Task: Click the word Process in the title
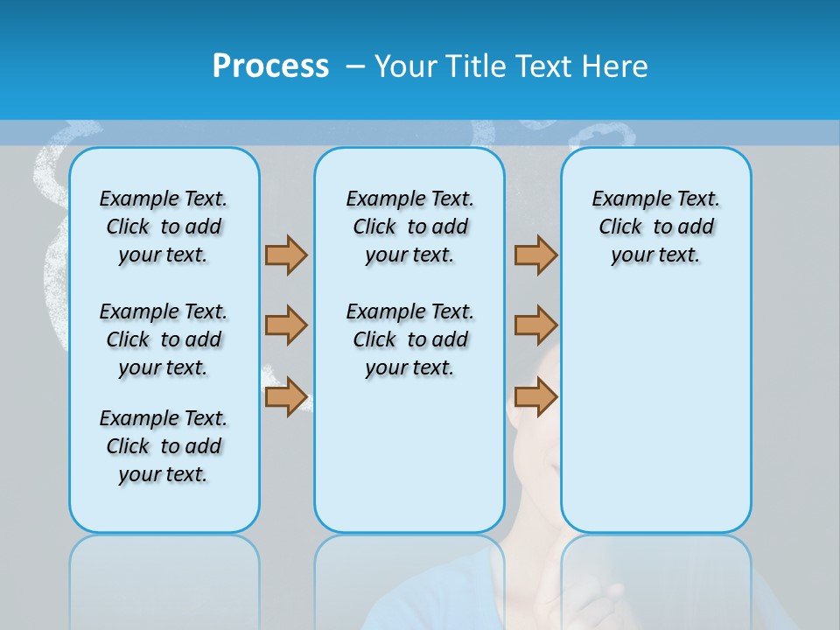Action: coord(270,66)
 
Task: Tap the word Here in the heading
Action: coord(618,66)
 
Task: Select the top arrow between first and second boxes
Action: coord(286,255)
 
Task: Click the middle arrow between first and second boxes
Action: coord(286,325)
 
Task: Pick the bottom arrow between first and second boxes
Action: coord(286,396)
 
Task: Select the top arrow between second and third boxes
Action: coord(535,255)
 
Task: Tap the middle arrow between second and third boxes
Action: coord(535,325)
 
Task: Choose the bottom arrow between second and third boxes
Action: coord(535,396)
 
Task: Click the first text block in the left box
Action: coord(164,227)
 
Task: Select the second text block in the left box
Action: coord(164,339)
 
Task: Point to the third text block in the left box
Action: coord(164,446)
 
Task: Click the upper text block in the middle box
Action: coord(409,227)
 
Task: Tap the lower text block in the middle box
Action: coord(409,339)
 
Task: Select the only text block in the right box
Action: coord(655,227)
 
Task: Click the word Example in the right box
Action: coord(623,199)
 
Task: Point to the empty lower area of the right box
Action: coord(655,402)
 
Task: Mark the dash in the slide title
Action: coord(355,66)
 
